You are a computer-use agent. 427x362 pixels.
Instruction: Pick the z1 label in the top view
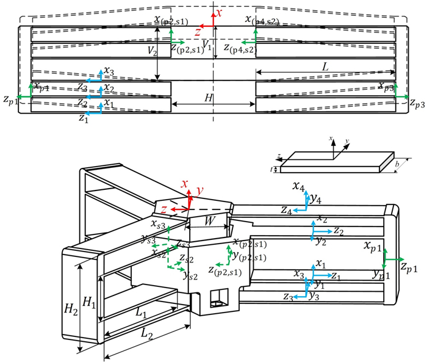[x=84, y=118]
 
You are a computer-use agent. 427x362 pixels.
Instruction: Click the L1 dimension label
[x=141, y=314]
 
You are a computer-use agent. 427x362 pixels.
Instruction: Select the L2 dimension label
[x=145, y=334]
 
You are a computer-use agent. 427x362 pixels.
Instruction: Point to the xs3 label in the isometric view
[x=158, y=225]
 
